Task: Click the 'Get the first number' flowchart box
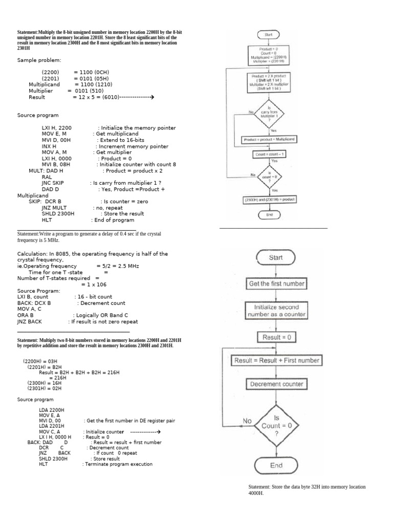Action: (x=276, y=283)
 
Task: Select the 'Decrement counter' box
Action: (x=276, y=384)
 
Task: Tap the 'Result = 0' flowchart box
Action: (x=276, y=337)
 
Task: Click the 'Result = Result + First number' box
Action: (x=276, y=360)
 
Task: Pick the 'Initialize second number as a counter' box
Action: (x=276, y=311)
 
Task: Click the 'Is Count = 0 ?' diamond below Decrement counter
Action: (x=276, y=425)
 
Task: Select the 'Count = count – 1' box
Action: (x=269, y=154)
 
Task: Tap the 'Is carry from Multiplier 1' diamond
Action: (x=269, y=114)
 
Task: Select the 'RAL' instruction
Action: (x=47, y=177)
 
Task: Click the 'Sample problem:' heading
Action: (x=39, y=60)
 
